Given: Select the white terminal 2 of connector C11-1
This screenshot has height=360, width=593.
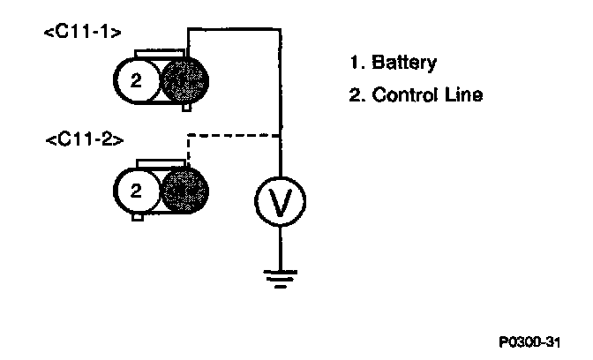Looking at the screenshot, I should click(135, 82).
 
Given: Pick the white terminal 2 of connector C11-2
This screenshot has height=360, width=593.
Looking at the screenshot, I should click(135, 190).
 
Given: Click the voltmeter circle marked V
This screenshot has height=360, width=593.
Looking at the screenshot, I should click(281, 203).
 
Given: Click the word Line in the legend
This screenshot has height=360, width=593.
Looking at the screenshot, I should click(465, 94).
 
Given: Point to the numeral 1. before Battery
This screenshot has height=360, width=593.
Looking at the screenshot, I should click(357, 63).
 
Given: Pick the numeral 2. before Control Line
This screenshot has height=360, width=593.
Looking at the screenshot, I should click(357, 94).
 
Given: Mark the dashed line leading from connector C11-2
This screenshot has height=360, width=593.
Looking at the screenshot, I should click(234, 136).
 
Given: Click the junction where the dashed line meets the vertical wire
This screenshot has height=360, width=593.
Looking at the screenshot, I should click(281, 136).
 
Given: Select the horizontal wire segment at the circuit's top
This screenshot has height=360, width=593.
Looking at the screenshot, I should click(234, 29).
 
